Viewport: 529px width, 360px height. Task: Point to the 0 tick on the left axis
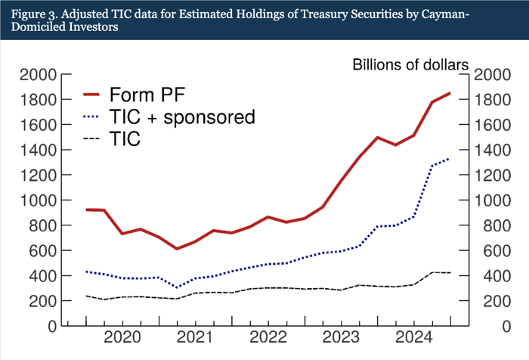pyautogui.click(x=51, y=326)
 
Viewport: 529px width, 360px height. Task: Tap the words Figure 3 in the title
pyautogui.click(x=36, y=12)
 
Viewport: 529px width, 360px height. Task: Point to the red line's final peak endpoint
pyautogui.click(x=450, y=93)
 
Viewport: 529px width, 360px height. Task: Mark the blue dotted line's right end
pyautogui.click(x=450, y=159)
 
